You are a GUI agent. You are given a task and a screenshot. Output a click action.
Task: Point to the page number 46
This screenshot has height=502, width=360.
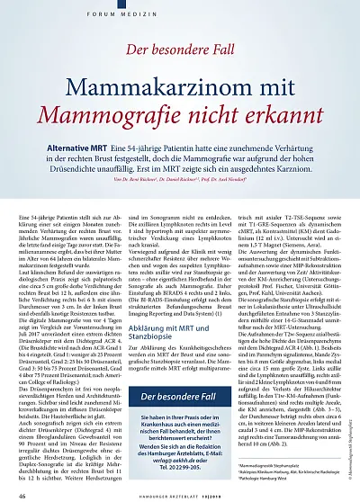tap(22, 491)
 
